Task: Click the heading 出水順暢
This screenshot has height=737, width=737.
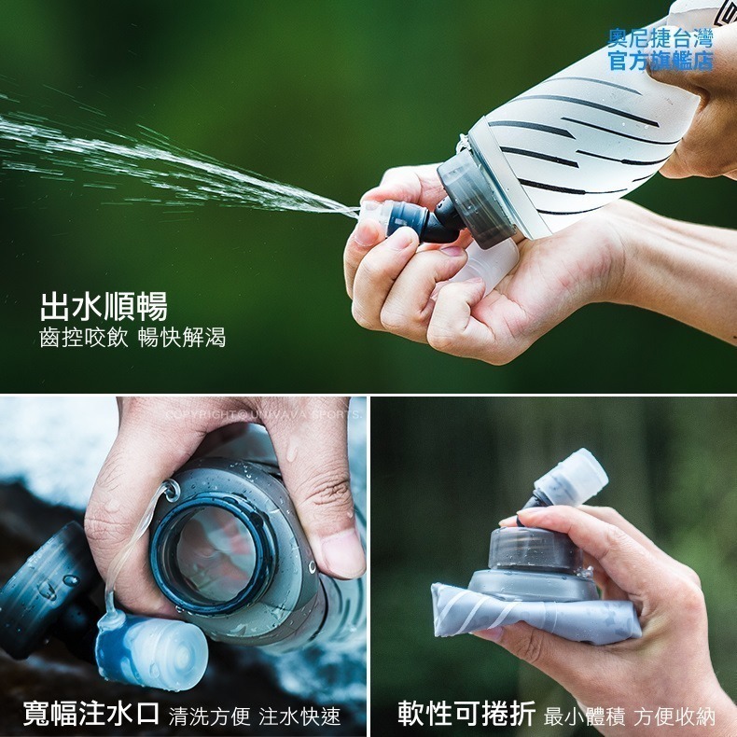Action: tap(104, 306)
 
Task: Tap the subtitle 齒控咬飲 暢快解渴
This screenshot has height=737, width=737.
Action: tap(132, 338)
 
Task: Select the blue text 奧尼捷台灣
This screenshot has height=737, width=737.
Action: tap(661, 39)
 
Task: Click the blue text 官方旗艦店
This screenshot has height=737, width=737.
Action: tap(661, 61)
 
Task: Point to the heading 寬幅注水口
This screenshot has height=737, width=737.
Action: tap(91, 714)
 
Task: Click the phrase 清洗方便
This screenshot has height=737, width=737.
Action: tap(210, 716)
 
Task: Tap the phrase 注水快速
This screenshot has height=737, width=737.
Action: tap(299, 716)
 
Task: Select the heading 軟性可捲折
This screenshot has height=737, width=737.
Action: tap(466, 714)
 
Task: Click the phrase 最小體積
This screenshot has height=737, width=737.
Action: tap(585, 716)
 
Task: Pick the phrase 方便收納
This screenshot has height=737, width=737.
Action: tap(674, 716)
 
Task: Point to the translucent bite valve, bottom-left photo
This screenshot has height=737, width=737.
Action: tap(151, 650)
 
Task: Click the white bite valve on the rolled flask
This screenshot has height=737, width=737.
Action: tap(571, 478)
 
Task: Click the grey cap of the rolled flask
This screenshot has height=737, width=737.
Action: tap(535, 550)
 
